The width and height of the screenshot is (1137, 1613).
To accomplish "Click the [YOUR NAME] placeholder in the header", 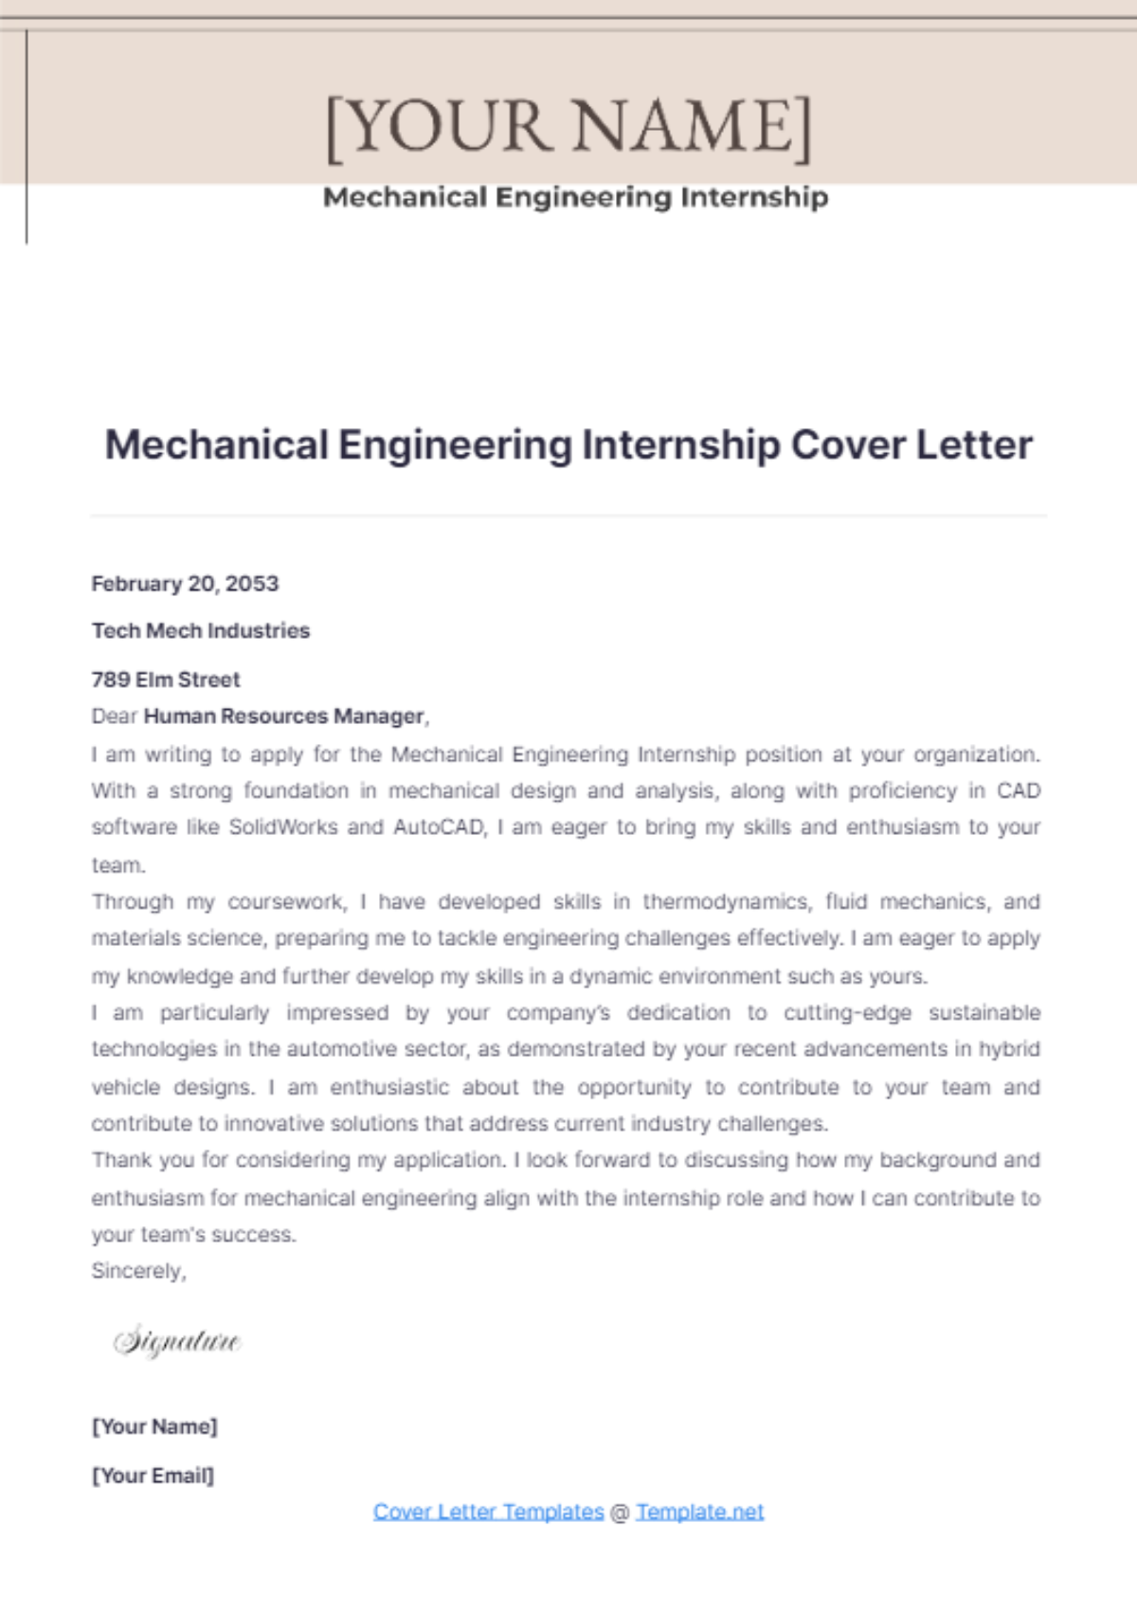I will (x=568, y=126).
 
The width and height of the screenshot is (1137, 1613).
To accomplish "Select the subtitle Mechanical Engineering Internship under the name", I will (x=575, y=197).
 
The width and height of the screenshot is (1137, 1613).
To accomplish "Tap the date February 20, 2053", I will (x=185, y=584).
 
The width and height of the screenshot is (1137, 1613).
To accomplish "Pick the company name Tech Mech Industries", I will (x=201, y=631).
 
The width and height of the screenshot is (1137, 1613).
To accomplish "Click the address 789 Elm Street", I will (x=166, y=680).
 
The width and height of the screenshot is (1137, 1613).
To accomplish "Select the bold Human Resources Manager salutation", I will (x=283, y=716).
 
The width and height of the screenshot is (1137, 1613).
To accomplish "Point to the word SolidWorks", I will (x=282, y=827).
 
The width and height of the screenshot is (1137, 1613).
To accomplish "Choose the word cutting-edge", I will (x=847, y=1013).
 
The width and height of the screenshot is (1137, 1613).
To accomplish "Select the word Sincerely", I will (x=138, y=1271).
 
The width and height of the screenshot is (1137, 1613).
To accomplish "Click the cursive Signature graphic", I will (x=177, y=1341).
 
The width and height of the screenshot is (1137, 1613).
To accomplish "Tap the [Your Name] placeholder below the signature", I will (x=154, y=1426).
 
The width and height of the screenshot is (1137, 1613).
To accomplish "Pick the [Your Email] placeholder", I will (x=153, y=1476).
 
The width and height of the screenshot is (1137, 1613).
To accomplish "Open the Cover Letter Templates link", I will (x=488, y=1512).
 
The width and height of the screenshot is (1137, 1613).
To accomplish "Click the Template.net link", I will (x=699, y=1512).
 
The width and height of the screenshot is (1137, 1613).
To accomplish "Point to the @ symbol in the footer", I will (x=620, y=1513).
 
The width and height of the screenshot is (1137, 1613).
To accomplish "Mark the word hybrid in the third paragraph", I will (x=1010, y=1049).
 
